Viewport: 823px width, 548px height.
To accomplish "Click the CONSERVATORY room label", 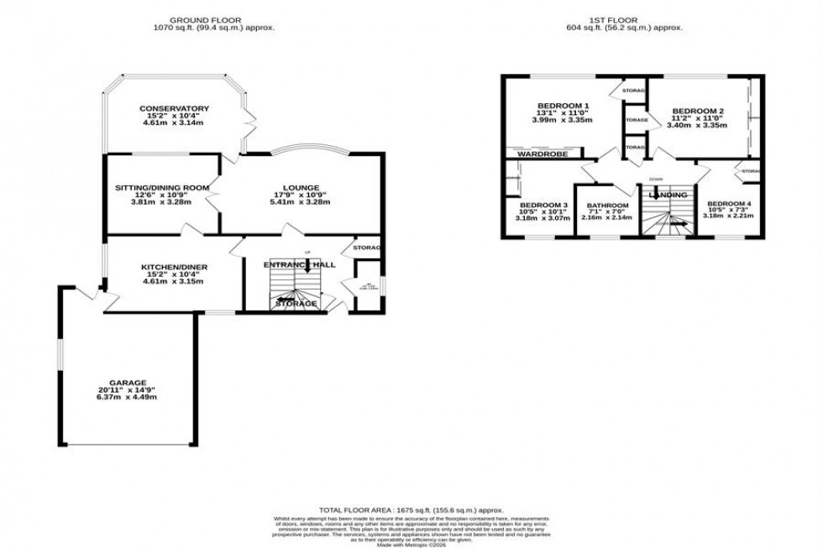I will click(174, 108).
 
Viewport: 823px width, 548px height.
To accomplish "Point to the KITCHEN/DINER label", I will click(174, 268).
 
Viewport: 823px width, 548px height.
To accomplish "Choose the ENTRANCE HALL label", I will click(299, 265).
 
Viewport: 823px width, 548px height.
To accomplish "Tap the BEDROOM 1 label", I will click(562, 106).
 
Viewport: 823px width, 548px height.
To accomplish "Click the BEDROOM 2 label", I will click(699, 111).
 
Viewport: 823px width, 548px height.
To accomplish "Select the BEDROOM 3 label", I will click(543, 205).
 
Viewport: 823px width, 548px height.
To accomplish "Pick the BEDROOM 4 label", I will click(729, 204).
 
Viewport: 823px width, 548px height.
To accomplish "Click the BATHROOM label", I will click(606, 206).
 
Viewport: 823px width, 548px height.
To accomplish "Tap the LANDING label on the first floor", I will click(668, 196).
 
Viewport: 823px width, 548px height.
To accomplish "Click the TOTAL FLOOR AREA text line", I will click(411, 510).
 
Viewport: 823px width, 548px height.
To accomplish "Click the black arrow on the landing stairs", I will click(679, 223).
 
